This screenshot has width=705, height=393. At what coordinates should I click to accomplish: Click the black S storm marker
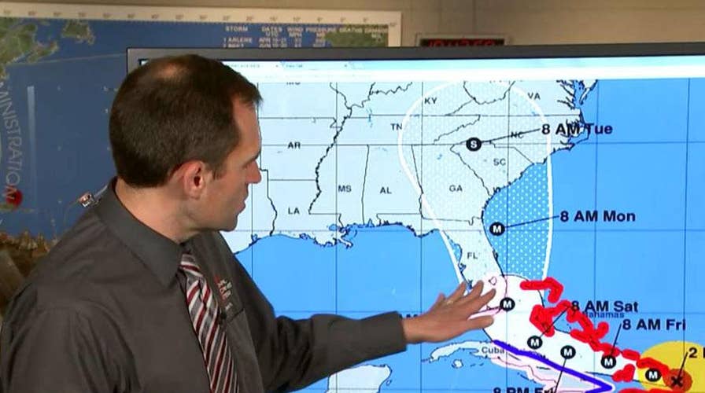tap(473, 144)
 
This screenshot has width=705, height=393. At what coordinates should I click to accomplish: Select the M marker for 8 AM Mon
tap(496, 229)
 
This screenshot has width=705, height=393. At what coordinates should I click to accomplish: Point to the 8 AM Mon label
tap(597, 216)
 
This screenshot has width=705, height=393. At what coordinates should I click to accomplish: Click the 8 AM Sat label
tap(604, 306)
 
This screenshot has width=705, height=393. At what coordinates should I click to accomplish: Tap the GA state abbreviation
tap(456, 189)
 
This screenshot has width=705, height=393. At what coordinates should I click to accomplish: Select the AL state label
tap(386, 190)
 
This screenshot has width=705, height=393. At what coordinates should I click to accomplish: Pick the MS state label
tap(345, 189)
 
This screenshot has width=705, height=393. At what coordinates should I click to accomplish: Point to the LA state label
tap(294, 211)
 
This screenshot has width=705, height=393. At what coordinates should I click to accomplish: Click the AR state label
tap(293, 145)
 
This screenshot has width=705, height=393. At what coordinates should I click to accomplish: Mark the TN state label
tap(397, 125)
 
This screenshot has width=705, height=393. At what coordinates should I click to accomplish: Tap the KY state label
tap(430, 101)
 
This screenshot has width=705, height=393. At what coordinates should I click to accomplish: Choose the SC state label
tap(499, 162)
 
